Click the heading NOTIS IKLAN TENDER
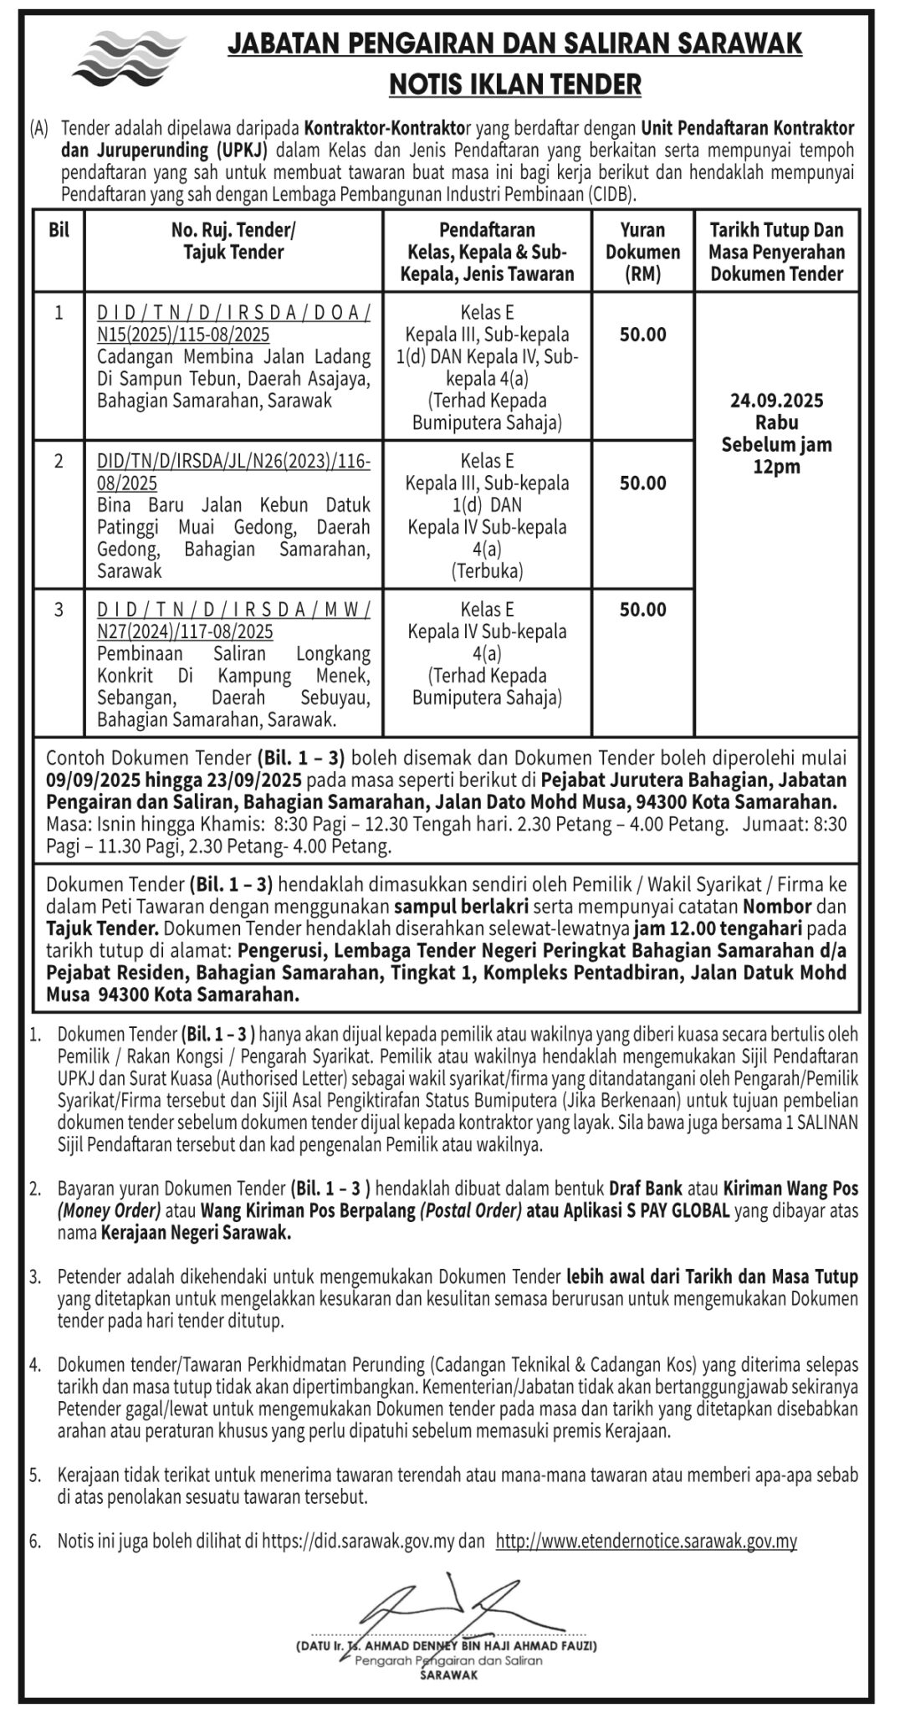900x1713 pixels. point(514,84)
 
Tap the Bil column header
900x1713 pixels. point(59,231)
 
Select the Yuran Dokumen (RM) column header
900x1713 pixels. point(642,252)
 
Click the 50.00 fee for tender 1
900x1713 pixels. point(642,335)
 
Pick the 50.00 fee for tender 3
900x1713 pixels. point(642,610)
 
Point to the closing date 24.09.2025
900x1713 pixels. point(776,401)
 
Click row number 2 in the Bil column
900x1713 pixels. point(59,462)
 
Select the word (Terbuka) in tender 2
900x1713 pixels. point(487,571)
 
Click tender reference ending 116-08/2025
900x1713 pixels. point(233,473)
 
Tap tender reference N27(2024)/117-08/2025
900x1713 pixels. point(185,632)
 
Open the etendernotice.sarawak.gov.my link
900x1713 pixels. point(646,1541)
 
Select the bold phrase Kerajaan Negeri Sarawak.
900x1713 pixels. point(196,1233)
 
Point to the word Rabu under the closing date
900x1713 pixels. point(776,422)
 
